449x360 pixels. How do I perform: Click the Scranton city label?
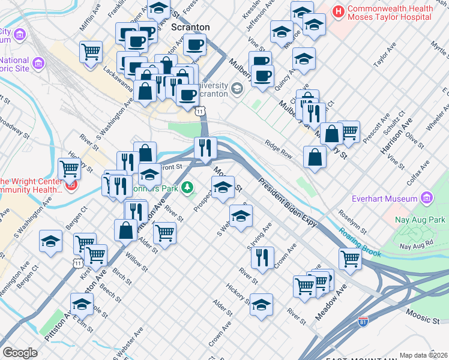(x=190, y=27)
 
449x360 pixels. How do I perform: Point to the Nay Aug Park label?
(x=420, y=220)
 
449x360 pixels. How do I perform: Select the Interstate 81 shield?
(x=363, y=322)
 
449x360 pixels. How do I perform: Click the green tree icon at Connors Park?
(x=188, y=188)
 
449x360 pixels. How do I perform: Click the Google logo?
(x=20, y=352)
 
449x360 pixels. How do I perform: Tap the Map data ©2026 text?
(x=423, y=355)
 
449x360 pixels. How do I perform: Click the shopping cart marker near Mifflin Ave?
(x=91, y=52)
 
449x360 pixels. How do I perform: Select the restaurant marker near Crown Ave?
(x=262, y=257)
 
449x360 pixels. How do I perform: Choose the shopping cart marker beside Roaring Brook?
(x=350, y=259)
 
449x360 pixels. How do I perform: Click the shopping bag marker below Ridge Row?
(x=315, y=158)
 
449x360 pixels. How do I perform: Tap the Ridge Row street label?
(x=278, y=148)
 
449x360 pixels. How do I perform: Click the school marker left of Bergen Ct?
(x=50, y=241)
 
